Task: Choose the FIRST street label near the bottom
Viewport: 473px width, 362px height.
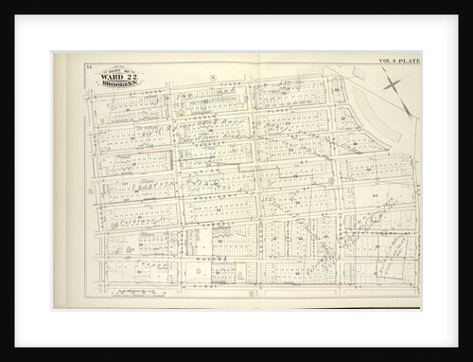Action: pyautogui.click(x=203, y=282)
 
